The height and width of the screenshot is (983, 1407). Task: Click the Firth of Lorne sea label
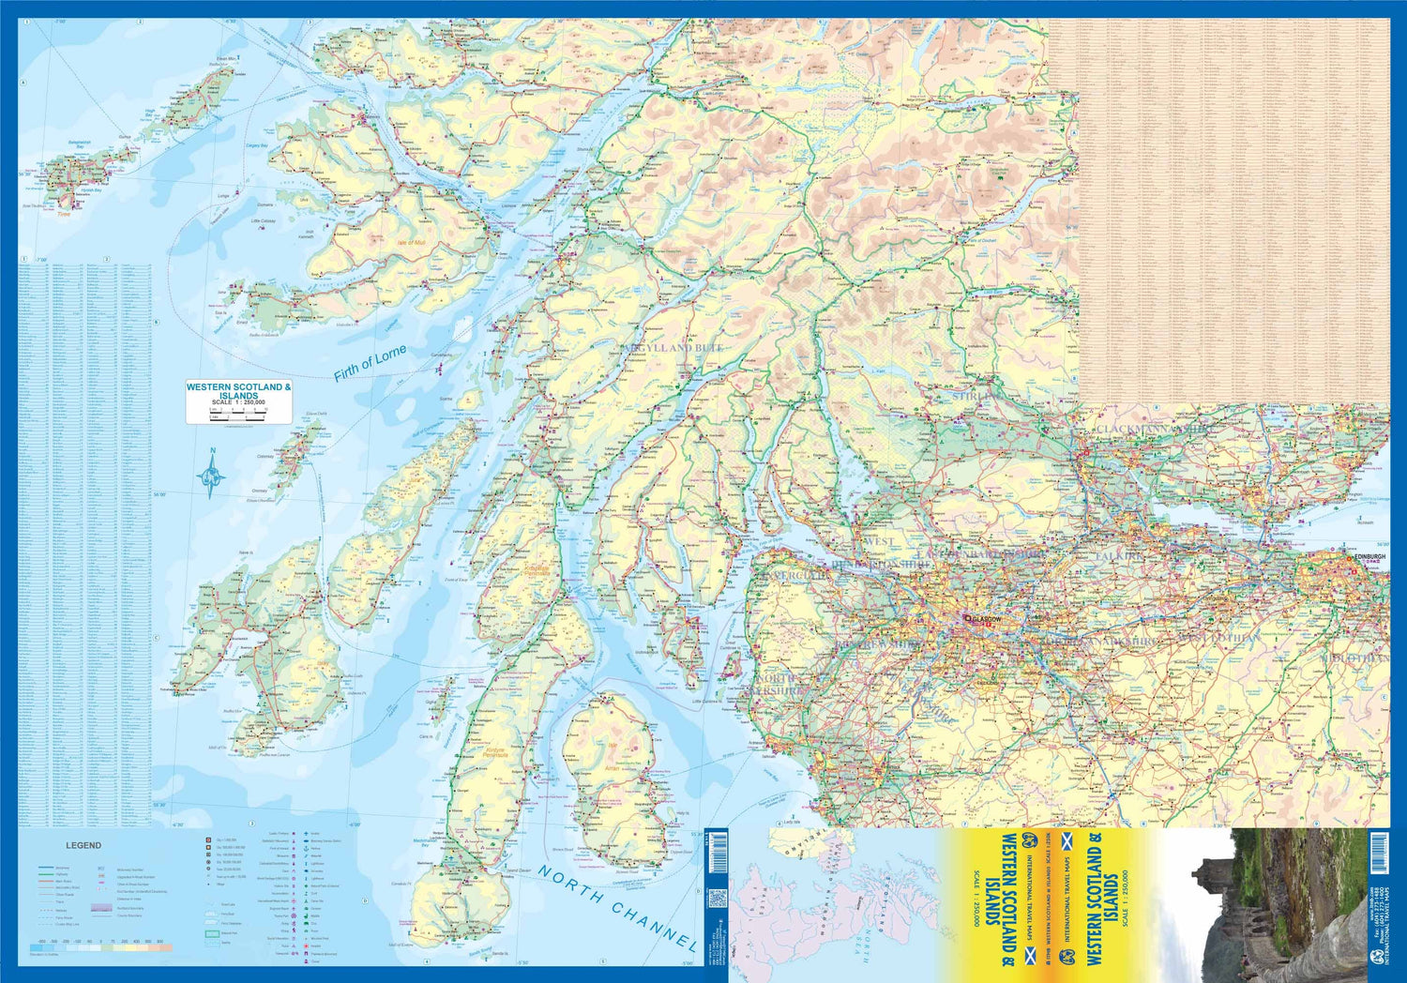point(371,363)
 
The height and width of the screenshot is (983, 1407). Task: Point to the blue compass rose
point(212,473)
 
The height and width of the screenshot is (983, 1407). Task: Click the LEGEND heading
point(83,845)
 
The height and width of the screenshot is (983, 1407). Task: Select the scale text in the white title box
point(238,402)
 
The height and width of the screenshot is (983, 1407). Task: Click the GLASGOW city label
point(986,620)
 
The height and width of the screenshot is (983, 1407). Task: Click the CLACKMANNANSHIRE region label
point(1154,430)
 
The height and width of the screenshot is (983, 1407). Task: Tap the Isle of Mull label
point(411,243)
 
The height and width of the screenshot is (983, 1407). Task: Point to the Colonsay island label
point(265,457)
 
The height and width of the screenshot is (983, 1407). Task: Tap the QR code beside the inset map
point(717,899)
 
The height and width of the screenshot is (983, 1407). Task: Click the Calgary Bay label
point(256,146)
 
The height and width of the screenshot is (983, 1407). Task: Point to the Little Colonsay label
point(264,221)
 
